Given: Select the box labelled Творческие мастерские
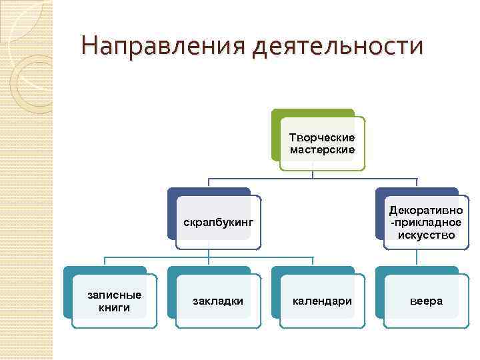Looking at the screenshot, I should [x=322, y=143].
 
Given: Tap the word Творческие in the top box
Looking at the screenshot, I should [x=322, y=137].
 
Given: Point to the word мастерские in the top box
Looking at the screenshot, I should [x=322, y=149].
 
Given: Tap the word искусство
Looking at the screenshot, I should [x=426, y=235].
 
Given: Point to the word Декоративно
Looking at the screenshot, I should [x=426, y=211].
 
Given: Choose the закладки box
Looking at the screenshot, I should [x=218, y=301].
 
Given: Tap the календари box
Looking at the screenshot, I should [x=322, y=301].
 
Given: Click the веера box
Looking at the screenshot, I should [x=426, y=301].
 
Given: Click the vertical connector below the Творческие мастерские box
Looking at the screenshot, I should [x=313, y=175].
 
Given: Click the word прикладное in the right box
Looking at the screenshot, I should [x=427, y=223].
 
